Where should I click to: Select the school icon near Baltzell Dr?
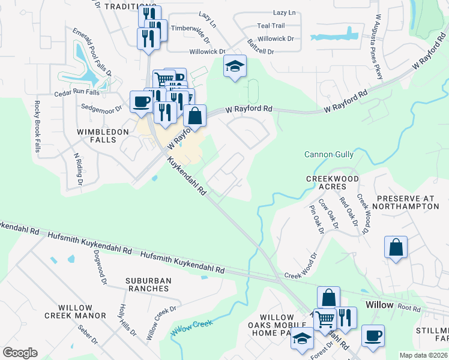click(235, 67)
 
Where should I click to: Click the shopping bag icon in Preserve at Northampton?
click(396, 248)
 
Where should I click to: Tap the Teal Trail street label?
click(271, 26)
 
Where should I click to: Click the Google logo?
click(20, 353)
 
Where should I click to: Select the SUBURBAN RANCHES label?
click(148, 284)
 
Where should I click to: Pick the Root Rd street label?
click(409, 307)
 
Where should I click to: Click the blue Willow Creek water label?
click(192, 328)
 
